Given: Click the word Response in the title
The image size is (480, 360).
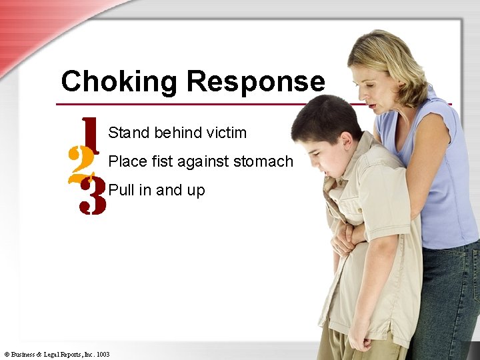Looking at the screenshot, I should (x=255, y=82).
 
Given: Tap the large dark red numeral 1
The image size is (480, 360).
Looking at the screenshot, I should (x=90, y=135).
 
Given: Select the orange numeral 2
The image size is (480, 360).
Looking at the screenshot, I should (x=81, y=161).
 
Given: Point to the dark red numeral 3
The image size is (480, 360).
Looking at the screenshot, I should (x=92, y=195).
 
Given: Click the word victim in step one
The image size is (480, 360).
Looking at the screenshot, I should (x=227, y=133).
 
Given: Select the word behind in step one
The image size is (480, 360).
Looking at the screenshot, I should (x=177, y=133).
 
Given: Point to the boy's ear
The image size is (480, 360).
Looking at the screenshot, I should (x=347, y=141).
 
